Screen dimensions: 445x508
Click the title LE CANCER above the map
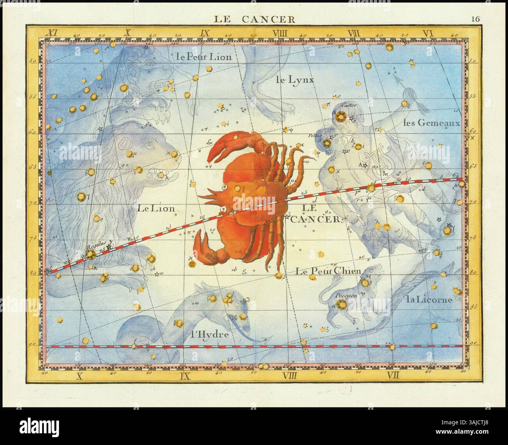click(x=254, y=19)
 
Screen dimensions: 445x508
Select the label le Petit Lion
click(x=204, y=57)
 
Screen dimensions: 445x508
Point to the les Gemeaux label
click(x=432, y=122)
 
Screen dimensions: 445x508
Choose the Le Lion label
click(x=156, y=208)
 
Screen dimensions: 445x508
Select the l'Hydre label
click(x=209, y=334)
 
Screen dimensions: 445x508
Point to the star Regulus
click(x=91, y=254)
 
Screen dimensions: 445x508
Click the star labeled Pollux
click(x=326, y=143)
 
